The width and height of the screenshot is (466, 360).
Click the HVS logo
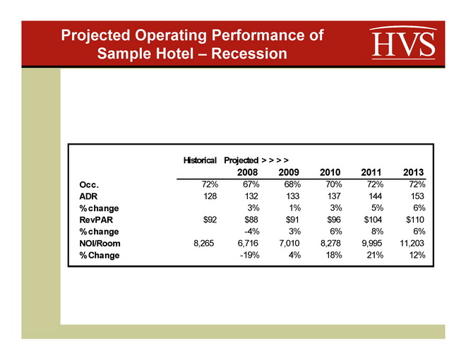pos(402,43)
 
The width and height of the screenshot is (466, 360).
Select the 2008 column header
pos(246,172)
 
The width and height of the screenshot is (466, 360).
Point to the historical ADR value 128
pos(210,196)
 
